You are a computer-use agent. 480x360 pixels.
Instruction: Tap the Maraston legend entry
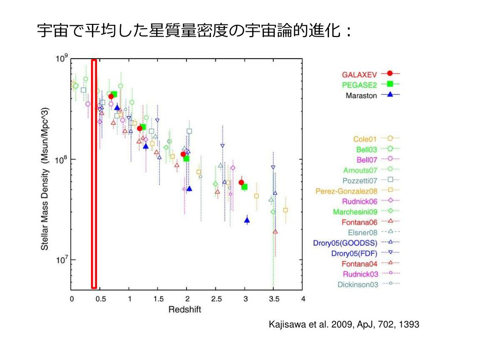(x=362, y=96)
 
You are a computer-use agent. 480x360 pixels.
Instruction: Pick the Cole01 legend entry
(x=365, y=139)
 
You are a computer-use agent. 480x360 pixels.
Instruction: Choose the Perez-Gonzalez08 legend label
(x=346, y=191)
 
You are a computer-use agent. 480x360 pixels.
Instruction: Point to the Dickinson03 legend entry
(x=358, y=284)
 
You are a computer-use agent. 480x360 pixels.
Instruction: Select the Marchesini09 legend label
(x=355, y=212)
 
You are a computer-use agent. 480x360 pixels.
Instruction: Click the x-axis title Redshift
(x=185, y=310)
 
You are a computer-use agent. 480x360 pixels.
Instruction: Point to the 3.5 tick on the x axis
(x=274, y=299)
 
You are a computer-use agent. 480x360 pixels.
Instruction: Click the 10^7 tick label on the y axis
(x=62, y=260)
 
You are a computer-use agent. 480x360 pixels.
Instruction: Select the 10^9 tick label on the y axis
(x=62, y=59)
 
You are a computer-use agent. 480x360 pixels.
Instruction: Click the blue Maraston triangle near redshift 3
(x=247, y=220)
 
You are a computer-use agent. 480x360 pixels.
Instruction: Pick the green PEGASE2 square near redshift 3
(x=244, y=187)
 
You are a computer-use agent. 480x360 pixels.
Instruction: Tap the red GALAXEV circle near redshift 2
(x=183, y=154)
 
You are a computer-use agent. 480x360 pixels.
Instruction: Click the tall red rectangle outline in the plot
(x=94, y=173)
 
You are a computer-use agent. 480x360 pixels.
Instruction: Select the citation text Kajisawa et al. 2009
(x=344, y=325)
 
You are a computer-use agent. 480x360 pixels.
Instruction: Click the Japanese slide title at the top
(x=194, y=32)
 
